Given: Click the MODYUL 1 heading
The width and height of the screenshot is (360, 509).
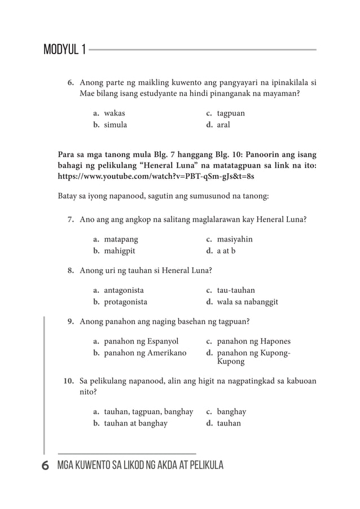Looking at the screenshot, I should pos(65,50).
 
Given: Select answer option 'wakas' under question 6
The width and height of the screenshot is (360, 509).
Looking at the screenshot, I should pos(115,113).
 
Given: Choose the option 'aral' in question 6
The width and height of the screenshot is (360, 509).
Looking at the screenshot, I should pos(223,125).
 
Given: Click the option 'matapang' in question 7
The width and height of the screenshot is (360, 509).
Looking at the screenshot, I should pos(121,239).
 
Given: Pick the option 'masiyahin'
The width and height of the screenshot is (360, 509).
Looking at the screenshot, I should pos(235,239).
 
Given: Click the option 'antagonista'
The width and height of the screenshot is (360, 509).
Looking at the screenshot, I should pos(124,290).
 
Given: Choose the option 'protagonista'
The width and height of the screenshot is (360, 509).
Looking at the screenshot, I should pos(125,302).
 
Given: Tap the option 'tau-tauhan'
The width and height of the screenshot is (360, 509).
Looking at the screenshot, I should pos(236,290).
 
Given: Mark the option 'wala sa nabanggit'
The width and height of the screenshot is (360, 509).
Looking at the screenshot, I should pos(247,302).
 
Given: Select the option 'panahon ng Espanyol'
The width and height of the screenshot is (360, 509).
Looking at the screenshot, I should pos(141,341).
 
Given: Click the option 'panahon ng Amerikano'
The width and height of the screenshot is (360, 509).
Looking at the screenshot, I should pos(145,353).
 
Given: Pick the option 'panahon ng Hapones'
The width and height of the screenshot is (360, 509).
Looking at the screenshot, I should pos(254,341).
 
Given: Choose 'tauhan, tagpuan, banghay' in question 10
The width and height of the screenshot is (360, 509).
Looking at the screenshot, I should pos(148,412).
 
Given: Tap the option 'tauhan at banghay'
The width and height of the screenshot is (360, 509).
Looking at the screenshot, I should pos(135,424).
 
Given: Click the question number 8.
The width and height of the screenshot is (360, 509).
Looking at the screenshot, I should pos(71,271).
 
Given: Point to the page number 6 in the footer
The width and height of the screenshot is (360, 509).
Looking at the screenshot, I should pos(45,466).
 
